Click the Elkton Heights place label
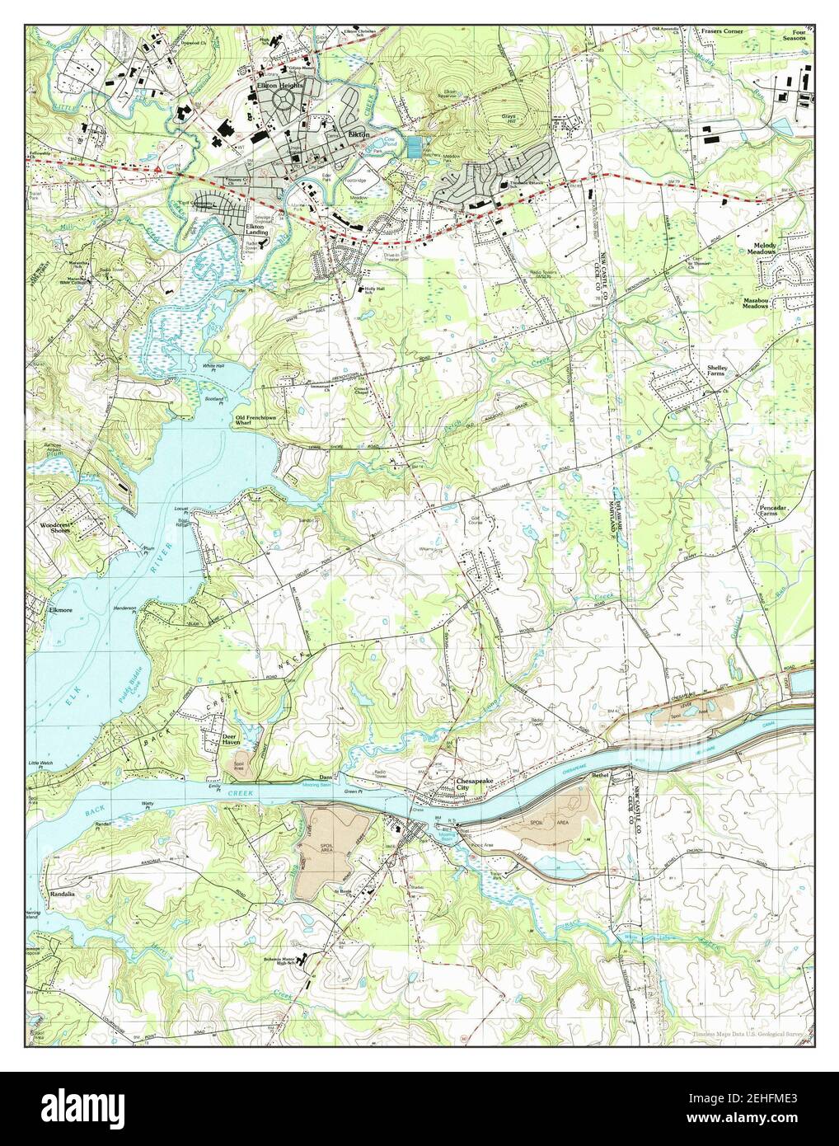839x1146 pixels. (x=279, y=85)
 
